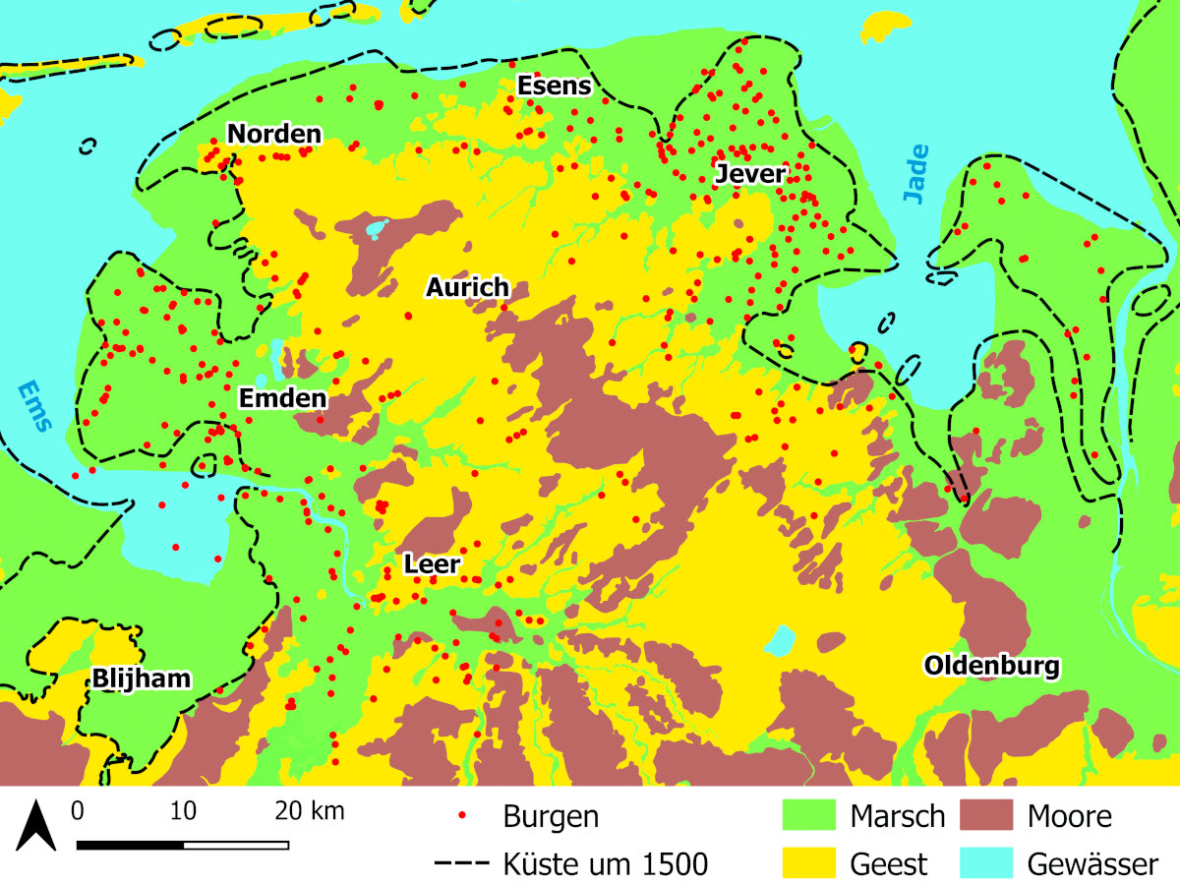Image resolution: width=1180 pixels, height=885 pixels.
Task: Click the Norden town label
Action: (x=274, y=134)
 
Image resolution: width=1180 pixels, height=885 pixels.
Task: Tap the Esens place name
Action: (x=555, y=86)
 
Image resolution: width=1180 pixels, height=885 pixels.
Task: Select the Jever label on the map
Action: (x=750, y=174)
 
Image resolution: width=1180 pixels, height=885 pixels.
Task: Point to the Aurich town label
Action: (x=467, y=287)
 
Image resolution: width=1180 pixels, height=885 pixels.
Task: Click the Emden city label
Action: (x=282, y=398)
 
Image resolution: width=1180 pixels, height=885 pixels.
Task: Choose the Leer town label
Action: (x=432, y=564)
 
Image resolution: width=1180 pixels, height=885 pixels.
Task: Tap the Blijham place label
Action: (x=141, y=678)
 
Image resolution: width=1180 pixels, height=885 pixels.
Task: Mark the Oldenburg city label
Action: (x=992, y=667)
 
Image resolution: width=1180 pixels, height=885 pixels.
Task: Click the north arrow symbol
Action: (x=35, y=825)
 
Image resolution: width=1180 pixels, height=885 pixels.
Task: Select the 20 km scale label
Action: (x=310, y=812)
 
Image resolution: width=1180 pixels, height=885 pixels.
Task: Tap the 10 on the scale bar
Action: (x=183, y=812)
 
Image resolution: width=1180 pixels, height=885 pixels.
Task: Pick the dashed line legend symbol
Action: (x=461, y=864)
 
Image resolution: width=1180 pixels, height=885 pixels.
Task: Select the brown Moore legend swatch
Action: (x=988, y=816)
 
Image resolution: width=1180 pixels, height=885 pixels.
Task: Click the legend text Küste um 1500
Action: (x=605, y=864)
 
